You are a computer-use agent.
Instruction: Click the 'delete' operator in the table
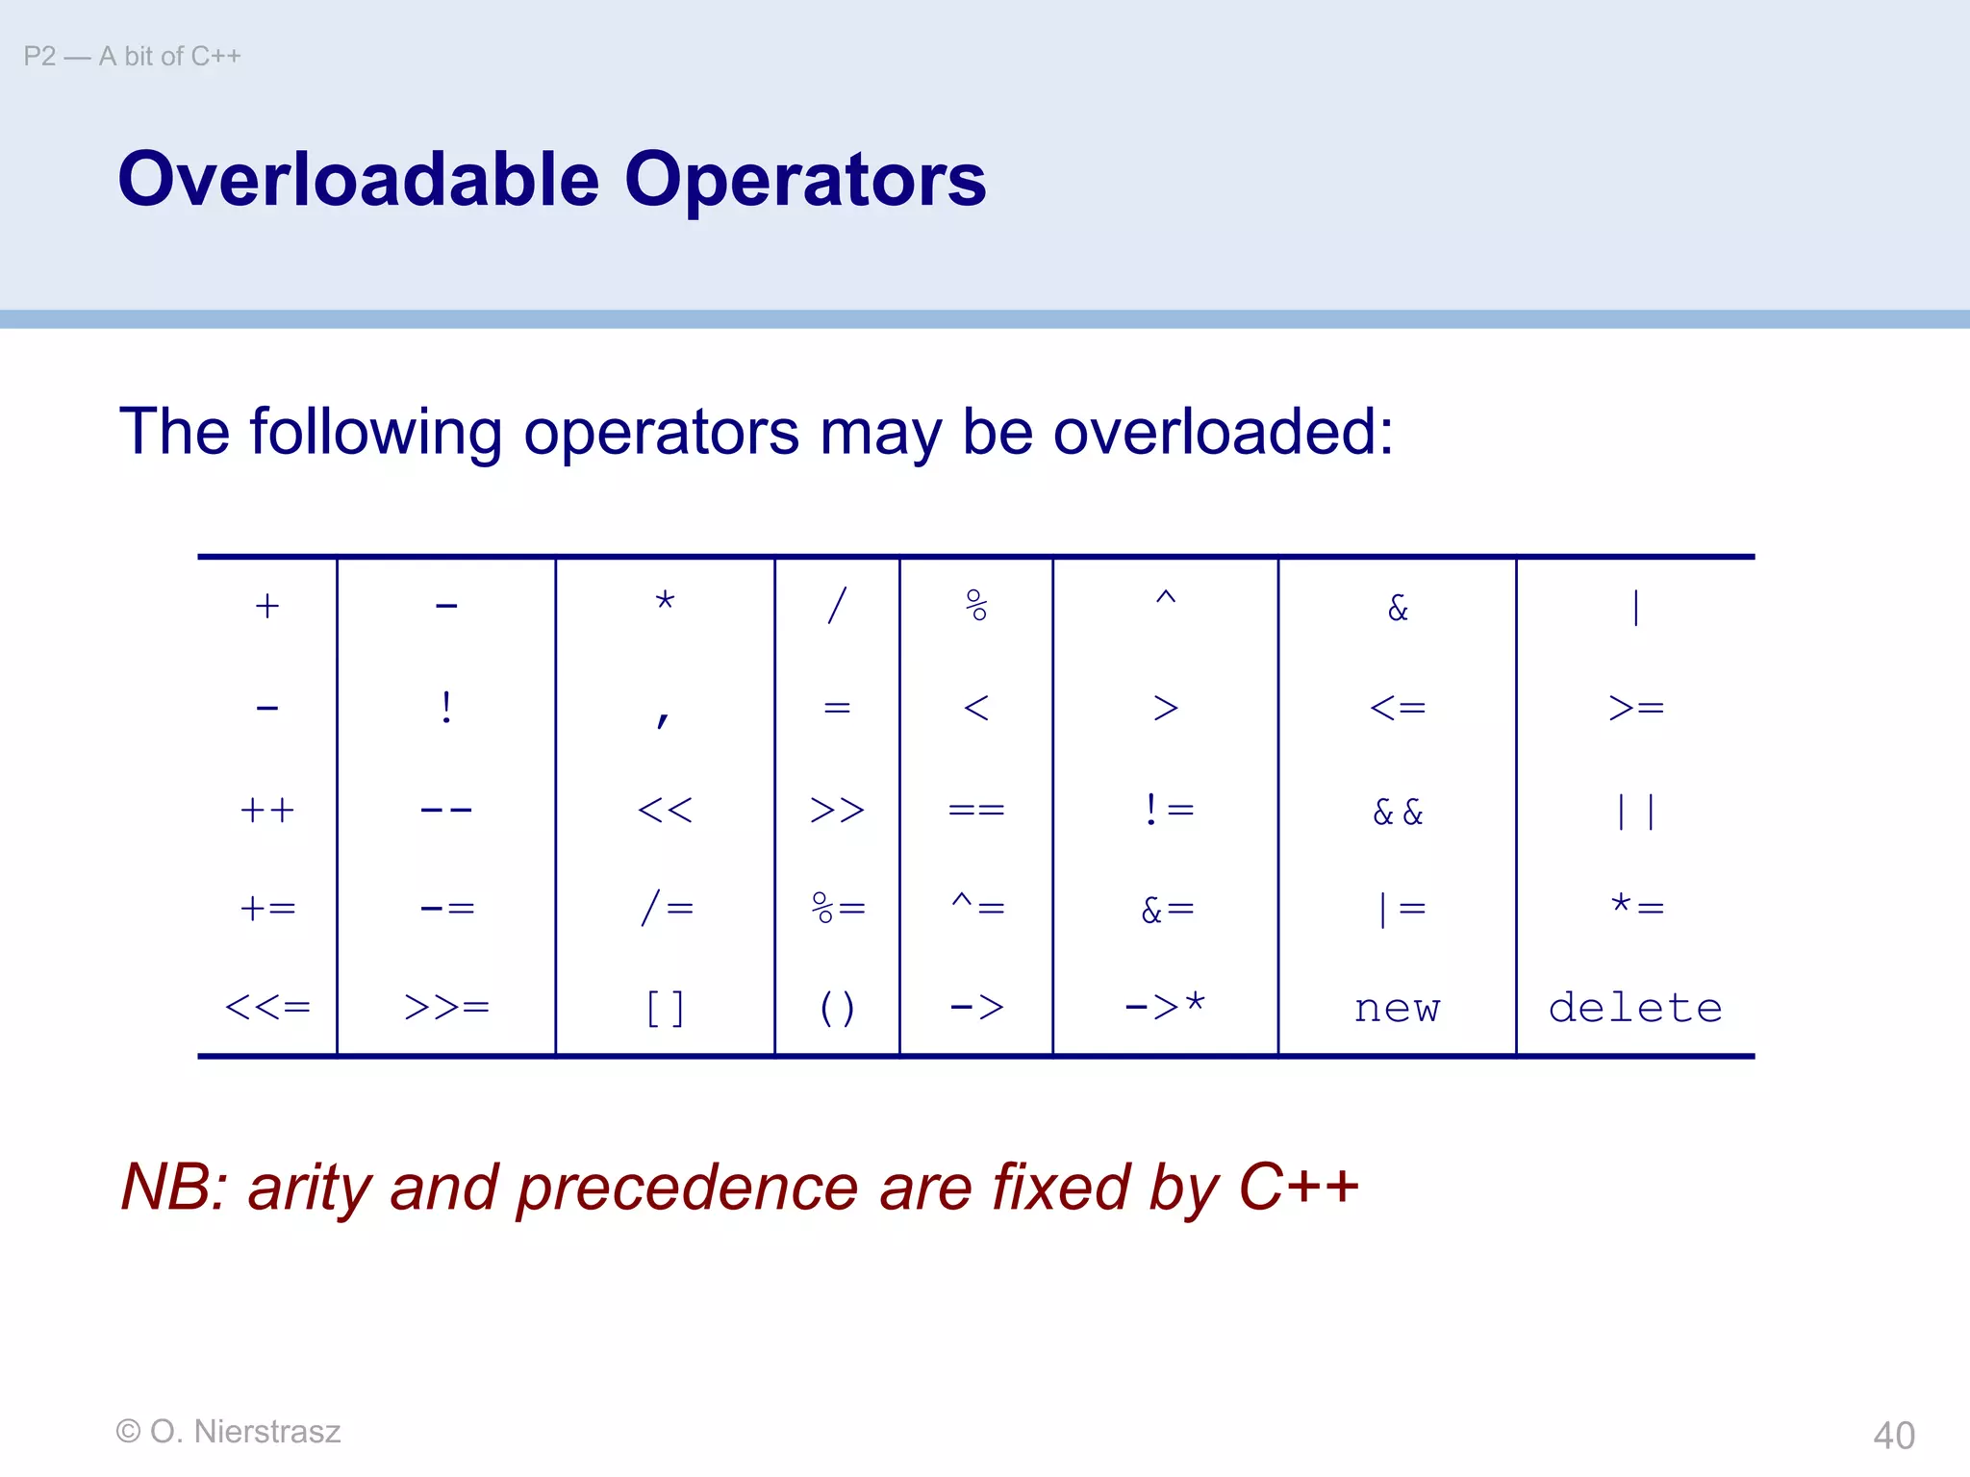(x=1635, y=1008)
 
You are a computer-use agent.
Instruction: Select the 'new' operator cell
(x=1397, y=1009)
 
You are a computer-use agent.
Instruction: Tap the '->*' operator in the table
(x=1165, y=1006)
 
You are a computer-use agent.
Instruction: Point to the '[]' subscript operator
(x=665, y=1009)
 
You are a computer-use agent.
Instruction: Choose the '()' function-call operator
(x=837, y=1009)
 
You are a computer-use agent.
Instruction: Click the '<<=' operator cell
(x=267, y=1007)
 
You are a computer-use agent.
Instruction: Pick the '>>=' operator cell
(x=446, y=1007)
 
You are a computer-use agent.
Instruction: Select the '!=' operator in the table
(x=1168, y=810)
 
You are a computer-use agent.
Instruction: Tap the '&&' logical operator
(x=1398, y=812)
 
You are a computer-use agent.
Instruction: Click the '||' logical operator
(x=1635, y=811)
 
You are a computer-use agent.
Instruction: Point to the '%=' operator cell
(x=838, y=908)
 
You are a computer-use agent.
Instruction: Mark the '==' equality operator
(x=976, y=810)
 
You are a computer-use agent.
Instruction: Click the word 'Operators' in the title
(x=805, y=180)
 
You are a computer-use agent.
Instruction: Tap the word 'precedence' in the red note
(x=687, y=1187)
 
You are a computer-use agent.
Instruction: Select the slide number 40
(x=1893, y=1435)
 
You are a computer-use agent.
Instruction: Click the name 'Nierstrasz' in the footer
(x=267, y=1431)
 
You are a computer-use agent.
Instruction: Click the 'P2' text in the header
(x=39, y=57)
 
